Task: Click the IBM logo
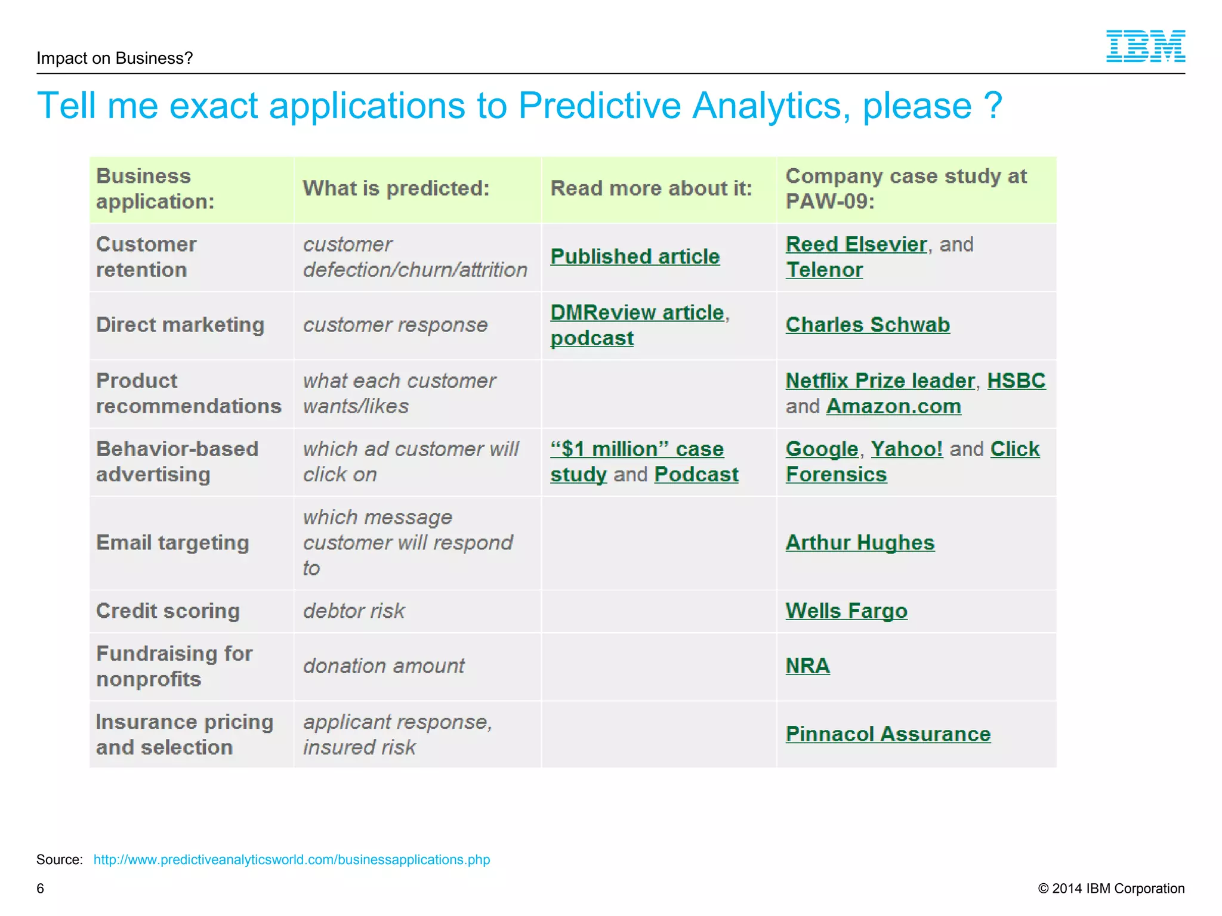pos(1145,47)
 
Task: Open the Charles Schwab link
pos(867,325)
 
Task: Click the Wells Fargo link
pos(846,611)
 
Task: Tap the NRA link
pos(807,666)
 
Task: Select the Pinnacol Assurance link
pos(887,734)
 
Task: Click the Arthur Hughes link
pos(860,543)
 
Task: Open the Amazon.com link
pos(893,407)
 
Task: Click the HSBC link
pos(1016,381)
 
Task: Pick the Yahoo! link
pos(906,449)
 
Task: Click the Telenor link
pos(824,270)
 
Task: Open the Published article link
pos(635,257)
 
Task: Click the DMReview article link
pos(637,313)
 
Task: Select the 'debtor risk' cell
pos(354,611)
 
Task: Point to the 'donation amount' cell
pos(384,666)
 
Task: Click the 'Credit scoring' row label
pos(168,611)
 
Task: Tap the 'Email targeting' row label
pos(172,543)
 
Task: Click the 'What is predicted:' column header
pos(396,189)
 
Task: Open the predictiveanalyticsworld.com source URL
pos(291,859)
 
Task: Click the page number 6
pos(41,889)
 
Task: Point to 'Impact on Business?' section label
pos(115,58)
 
